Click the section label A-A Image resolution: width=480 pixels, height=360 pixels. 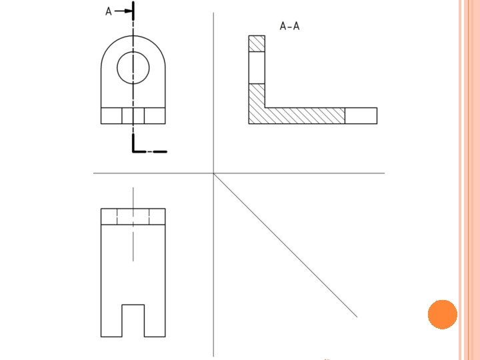289,27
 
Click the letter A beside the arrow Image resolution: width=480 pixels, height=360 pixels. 109,11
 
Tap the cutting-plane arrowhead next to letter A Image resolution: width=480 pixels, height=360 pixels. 127,11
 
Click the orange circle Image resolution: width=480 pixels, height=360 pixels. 442,314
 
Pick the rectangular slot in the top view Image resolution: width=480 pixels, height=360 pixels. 133,320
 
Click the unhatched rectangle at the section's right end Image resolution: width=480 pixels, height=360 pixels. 361,115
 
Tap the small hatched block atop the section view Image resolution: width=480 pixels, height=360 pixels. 257,43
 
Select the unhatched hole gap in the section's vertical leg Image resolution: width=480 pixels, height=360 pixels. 257,67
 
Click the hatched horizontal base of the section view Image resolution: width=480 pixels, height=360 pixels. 303,115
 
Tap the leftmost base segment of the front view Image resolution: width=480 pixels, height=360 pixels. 111,115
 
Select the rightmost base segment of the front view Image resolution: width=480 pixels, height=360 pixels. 155,115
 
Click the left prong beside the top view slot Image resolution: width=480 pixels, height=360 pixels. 111,320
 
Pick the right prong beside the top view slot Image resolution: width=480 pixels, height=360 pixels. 155,320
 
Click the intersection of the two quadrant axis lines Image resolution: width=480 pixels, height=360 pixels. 213,173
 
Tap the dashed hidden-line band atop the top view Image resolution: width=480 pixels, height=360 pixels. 133,217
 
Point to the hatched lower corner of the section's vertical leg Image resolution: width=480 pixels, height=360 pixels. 257,103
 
